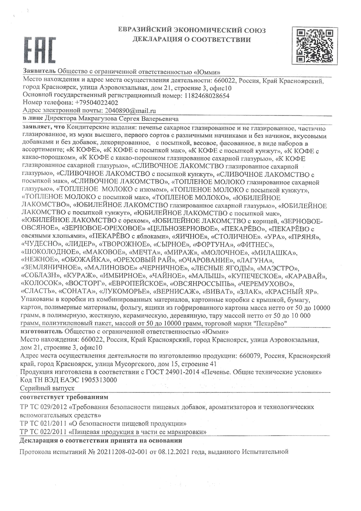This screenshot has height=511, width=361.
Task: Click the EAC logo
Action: [x=40, y=50]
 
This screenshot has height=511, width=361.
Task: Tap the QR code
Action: [x=315, y=46]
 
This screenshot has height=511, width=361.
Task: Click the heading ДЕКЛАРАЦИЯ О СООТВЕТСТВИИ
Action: [x=192, y=40]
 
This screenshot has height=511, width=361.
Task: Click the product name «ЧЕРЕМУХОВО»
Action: [x=265, y=283]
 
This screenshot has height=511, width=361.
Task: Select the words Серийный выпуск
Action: [x=47, y=388]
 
